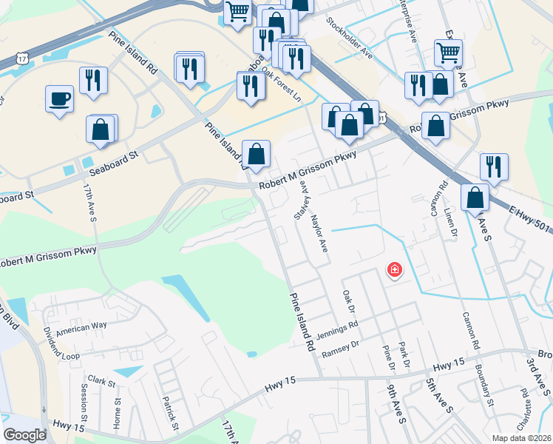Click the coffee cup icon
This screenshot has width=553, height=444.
pyautogui.click(x=59, y=98)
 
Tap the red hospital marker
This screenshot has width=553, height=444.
pyautogui.click(x=395, y=270)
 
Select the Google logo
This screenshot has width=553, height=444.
pyautogui.click(x=25, y=435)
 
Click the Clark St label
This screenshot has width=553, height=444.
pyautogui.click(x=101, y=382)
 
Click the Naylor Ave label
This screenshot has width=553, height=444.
pyautogui.click(x=319, y=232)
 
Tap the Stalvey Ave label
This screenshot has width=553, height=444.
pyautogui.click(x=301, y=200)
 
